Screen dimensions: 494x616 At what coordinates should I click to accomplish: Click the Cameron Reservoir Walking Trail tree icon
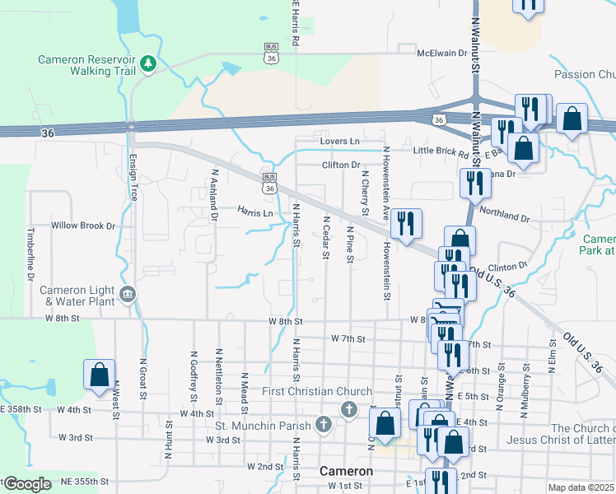coord(148,63)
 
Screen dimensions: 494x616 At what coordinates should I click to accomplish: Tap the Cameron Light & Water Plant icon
coord(128,294)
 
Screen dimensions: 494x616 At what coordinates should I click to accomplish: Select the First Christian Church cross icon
coord(349,408)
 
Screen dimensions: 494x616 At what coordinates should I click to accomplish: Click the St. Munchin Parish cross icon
coord(324,425)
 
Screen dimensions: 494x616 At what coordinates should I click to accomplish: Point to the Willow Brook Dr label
coord(83,225)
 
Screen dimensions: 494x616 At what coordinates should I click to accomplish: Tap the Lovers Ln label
coord(341,142)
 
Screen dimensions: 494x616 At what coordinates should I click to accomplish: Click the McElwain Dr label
coord(446,53)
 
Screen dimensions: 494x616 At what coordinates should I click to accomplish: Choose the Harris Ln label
coord(255,212)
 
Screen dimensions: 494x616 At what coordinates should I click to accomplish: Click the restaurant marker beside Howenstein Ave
coord(405,223)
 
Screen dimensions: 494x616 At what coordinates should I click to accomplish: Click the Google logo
coord(27,484)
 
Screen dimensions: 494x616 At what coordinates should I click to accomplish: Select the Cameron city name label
coord(346,472)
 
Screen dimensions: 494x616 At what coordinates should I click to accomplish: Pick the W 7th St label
coord(348,338)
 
